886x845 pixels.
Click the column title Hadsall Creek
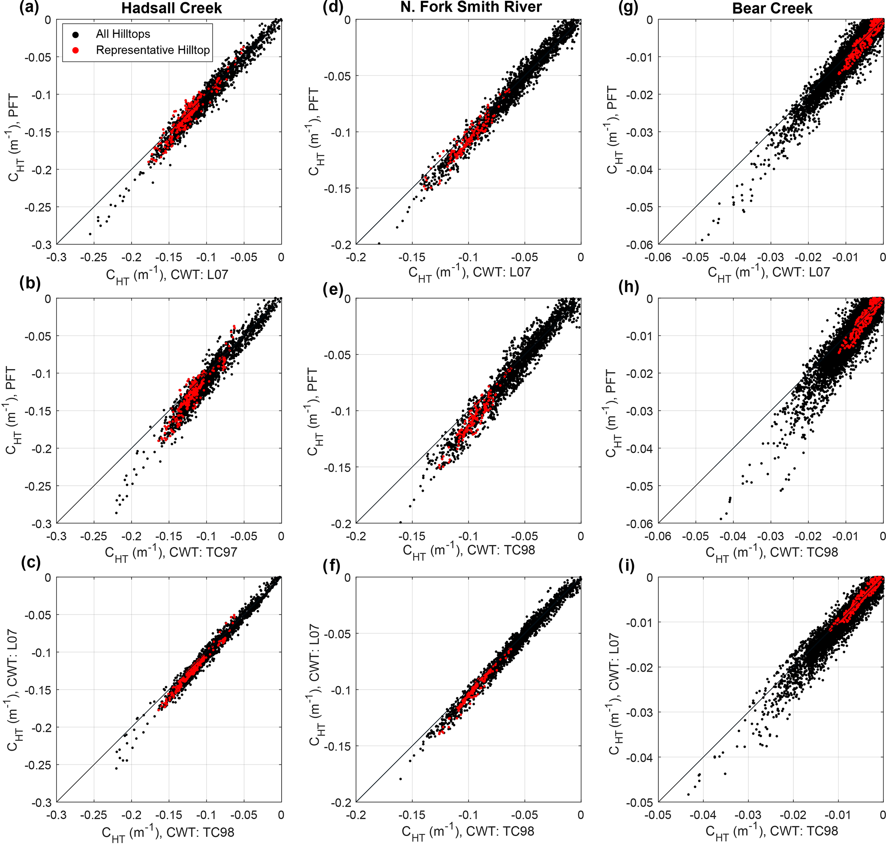click(x=171, y=8)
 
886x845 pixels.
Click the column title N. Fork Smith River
click(x=471, y=7)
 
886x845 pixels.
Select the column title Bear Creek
click(x=772, y=8)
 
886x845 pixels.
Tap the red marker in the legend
click(x=76, y=50)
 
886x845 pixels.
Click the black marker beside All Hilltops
click(x=76, y=34)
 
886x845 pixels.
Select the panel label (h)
click(x=629, y=286)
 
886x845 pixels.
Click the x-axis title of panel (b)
click(x=171, y=553)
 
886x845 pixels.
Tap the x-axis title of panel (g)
click(x=769, y=273)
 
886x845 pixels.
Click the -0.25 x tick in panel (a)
click(x=94, y=258)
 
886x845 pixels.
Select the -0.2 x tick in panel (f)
click(x=356, y=815)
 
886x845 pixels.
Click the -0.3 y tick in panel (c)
click(x=41, y=802)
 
